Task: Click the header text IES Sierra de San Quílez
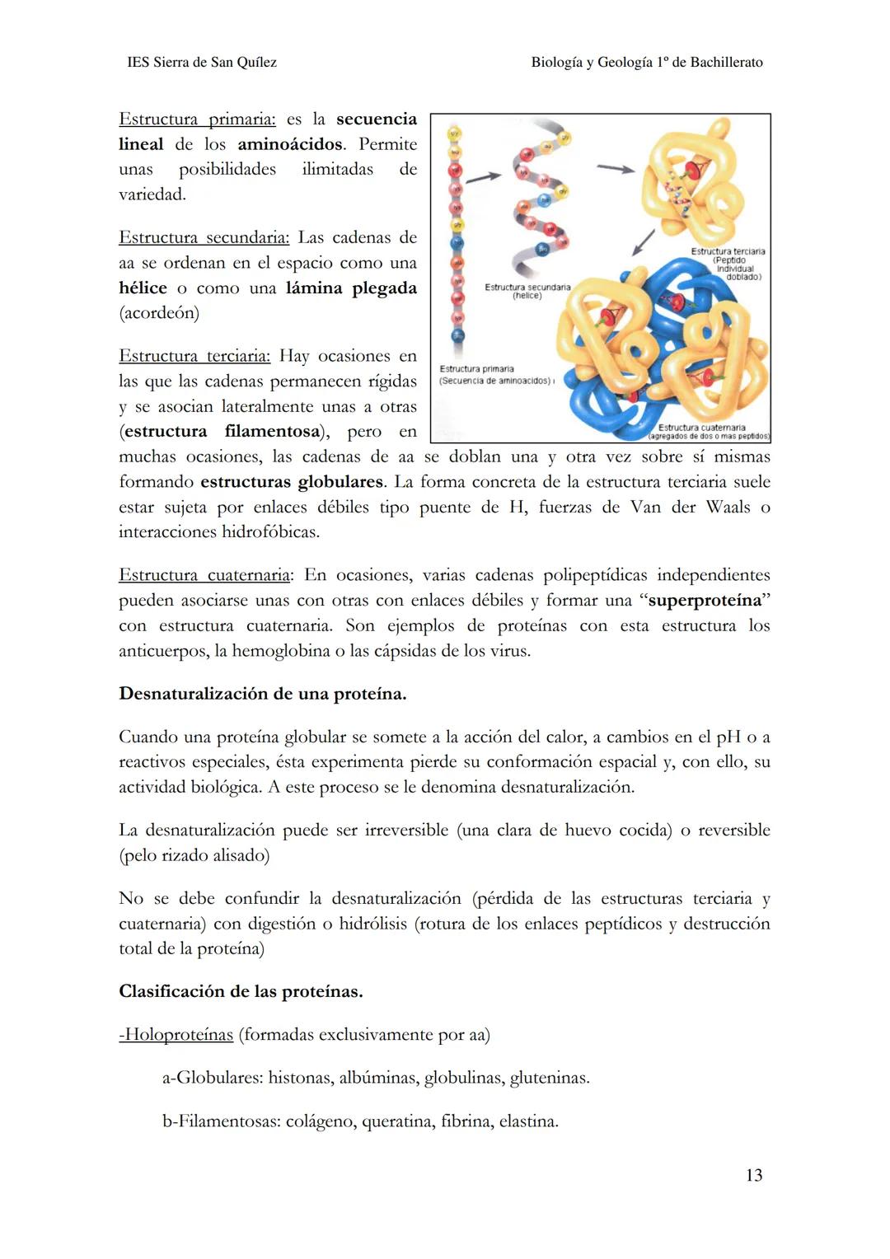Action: (x=202, y=63)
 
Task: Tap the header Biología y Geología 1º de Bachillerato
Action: (x=647, y=63)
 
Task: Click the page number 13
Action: (x=753, y=1175)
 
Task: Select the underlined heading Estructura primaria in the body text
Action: (x=197, y=119)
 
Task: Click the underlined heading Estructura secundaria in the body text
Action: (x=204, y=238)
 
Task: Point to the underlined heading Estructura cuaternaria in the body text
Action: (x=205, y=575)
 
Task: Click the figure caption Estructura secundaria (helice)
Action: (x=527, y=291)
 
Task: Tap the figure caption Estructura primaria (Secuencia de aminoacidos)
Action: (x=494, y=375)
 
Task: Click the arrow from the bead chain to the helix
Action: (x=484, y=176)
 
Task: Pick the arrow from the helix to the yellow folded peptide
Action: (x=616, y=168)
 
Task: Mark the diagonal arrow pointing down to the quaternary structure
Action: (x=643, y=243)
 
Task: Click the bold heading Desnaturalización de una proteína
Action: (x=263, y=694)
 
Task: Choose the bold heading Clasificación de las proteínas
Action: (x=241, y=991)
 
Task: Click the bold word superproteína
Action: (x=705, y=601)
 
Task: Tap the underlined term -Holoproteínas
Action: (x=176, y=1035)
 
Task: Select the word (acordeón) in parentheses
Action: (x=159, y=313)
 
